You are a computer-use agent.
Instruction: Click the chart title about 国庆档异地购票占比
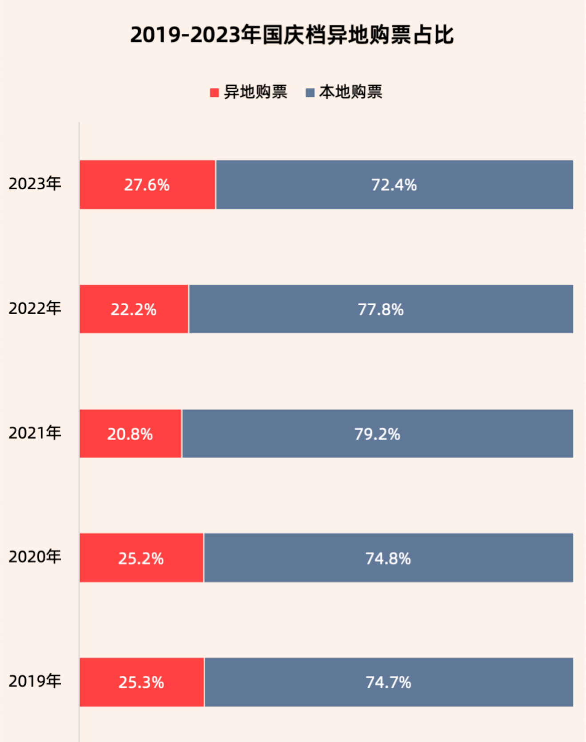(292, 35)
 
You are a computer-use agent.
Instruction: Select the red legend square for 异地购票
(214, 92)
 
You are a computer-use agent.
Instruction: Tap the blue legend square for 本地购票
(310, 92)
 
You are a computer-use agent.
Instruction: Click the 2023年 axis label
(35, 184)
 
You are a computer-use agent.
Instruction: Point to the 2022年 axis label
(35, 308)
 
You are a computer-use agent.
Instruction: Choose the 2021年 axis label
(35, 433)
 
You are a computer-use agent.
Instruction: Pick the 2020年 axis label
(35, 557)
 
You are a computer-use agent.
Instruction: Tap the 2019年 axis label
(35, 681)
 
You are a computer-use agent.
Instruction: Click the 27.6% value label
(147, 185)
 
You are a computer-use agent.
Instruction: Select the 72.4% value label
(394, 185)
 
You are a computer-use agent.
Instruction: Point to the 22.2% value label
(133, 309)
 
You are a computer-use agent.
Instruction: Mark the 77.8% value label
(381, 309)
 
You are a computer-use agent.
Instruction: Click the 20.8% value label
(130, 434)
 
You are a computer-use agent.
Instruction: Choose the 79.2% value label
(377, 434)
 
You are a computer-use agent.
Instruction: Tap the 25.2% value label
(141, 558)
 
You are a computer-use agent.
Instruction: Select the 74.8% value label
(388, 558)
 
